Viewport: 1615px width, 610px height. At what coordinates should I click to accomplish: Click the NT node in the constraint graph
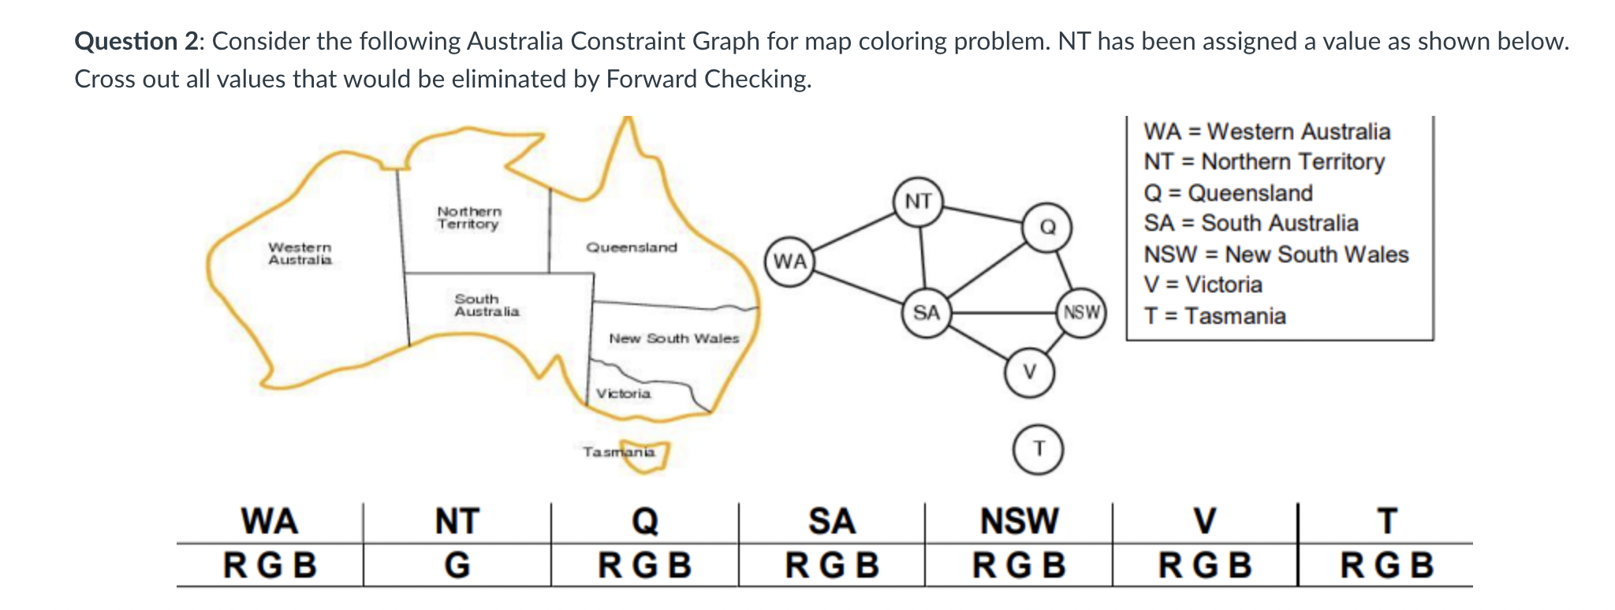click(919, 202)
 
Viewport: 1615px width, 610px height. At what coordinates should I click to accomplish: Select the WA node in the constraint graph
click(790, 261)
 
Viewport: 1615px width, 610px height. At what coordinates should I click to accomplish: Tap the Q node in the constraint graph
click(1047, 227)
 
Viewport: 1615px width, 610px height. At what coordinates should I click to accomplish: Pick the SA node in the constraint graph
click(927, 313)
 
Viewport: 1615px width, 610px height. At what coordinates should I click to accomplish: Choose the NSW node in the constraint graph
click(1081, 312)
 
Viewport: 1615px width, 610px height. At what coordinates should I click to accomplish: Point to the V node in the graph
click(1029, 372)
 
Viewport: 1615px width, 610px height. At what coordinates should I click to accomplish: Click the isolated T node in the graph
click(1039, 449)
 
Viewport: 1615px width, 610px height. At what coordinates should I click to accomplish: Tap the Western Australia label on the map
click(300, 254)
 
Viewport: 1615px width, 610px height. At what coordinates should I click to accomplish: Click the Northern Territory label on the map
click(469, 218)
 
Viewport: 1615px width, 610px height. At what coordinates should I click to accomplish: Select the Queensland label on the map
click(631, 247)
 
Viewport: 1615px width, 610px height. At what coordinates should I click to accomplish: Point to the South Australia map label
click(487, 305)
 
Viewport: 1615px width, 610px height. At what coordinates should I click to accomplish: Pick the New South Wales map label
click(673, 338)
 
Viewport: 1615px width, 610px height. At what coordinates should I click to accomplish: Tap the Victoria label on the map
click(623, 393)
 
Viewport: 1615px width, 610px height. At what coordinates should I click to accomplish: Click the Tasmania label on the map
click(619, 452)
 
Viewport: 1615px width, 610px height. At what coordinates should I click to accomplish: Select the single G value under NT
click(457, 565)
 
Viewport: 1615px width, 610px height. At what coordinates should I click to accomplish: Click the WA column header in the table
click(270, 522)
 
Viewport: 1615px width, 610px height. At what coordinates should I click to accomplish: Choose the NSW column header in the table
click(1019, 522)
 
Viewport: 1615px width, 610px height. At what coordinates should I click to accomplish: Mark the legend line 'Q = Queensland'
click(1228, 193)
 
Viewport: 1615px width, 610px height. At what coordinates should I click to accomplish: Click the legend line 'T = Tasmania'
click(1214, 316)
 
